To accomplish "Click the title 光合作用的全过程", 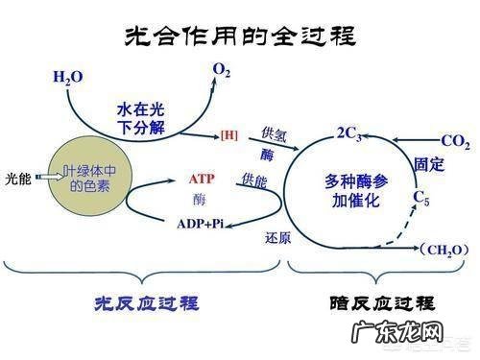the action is point(241,36).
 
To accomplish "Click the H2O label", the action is point(68,76).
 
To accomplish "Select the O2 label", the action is point(222,69).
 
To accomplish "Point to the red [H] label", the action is point(228,134).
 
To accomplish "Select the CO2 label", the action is point(455,143).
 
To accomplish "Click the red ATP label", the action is point(200,180).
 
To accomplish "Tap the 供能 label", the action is point(255,180).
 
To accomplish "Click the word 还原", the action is point(277,237).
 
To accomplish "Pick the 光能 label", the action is point(18,177).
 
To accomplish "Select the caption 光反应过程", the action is point(144,303).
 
